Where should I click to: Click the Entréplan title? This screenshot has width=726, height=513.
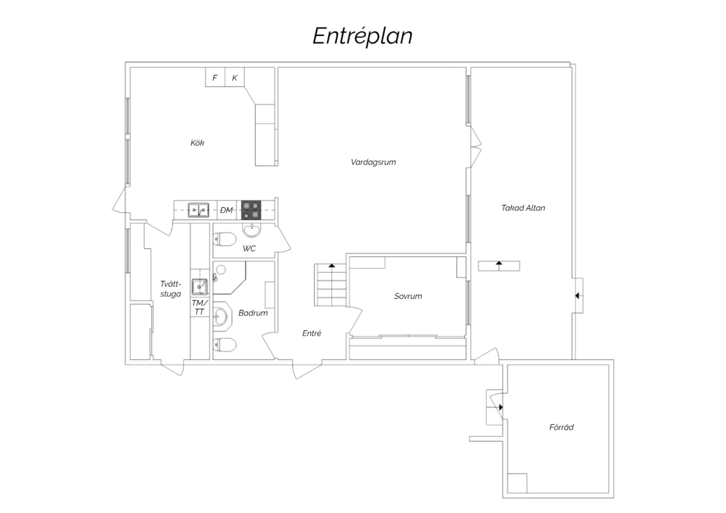coord(363,36)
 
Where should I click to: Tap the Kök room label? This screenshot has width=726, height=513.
coord(197,143)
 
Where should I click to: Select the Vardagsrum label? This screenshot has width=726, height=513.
coord(373,162)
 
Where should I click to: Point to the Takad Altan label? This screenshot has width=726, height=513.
coord(523,208)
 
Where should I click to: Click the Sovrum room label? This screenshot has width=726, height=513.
coord(408,296)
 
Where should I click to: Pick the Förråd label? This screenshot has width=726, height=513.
coord(561,427)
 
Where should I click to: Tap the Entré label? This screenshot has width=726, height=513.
coord(312,333)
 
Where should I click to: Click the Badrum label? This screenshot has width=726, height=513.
coord(253,313)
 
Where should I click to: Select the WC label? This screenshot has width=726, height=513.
coord(249,249)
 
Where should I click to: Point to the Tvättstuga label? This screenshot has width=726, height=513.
coord(170,289)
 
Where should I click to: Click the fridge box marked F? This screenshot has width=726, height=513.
coord(215,77)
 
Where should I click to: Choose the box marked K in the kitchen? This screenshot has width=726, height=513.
coord(234,77)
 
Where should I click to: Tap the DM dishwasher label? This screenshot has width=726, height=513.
coord(226,211)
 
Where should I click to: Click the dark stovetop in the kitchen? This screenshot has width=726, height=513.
coord(251,210)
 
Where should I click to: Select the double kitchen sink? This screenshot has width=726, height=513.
coord(198,210)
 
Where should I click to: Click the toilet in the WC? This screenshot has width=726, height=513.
coord(224,239)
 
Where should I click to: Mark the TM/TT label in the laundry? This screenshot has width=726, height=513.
coord(199,307)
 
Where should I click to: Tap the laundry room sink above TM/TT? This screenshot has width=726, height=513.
coord(199,287)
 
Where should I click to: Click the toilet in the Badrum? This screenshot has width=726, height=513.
coord(224,345)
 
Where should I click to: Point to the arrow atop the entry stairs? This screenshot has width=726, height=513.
coord(332,266)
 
